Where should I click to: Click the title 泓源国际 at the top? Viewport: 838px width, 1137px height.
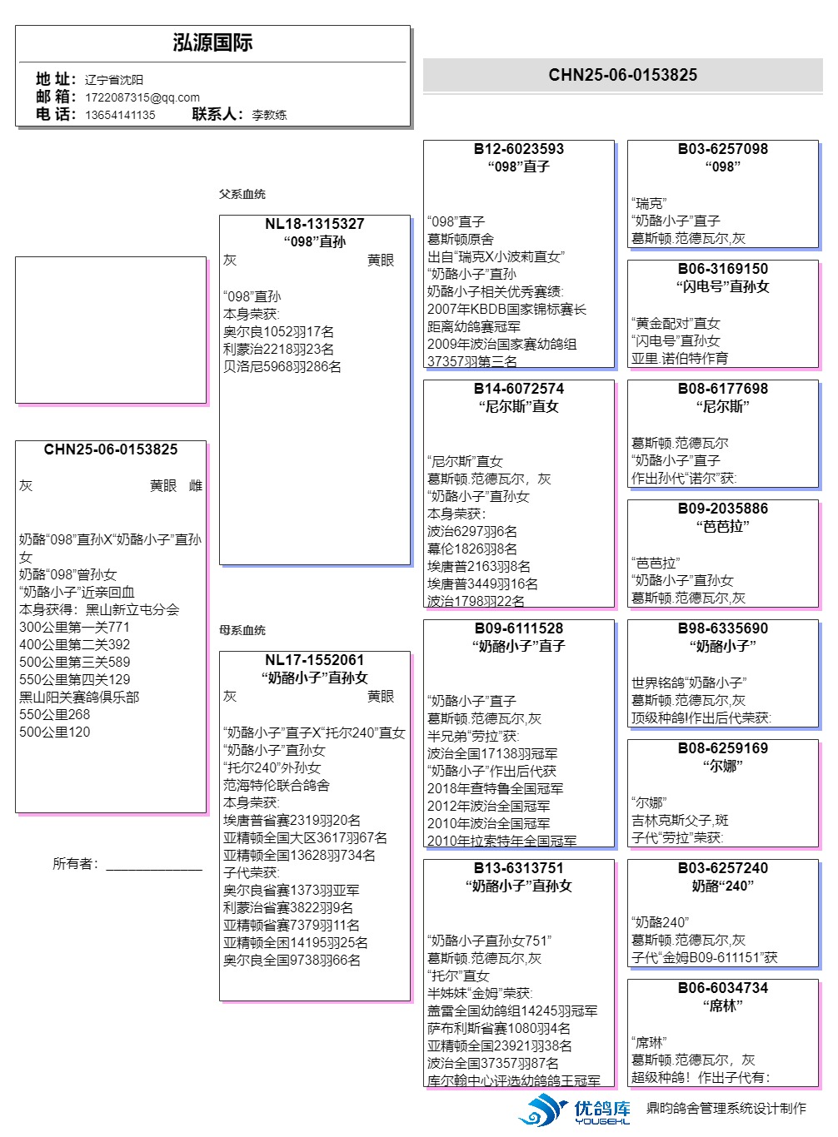coord(212,43)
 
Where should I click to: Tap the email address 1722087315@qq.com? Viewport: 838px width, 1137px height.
coord(142,97)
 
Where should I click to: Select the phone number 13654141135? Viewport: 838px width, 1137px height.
coord(120,115)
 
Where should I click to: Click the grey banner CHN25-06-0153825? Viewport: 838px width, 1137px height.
coord(622,75)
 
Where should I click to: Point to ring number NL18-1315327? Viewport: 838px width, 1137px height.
coord(314,224)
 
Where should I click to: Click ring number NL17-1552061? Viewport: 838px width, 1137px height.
coord(314,660)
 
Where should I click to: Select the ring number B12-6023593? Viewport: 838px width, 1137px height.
coord(518,149)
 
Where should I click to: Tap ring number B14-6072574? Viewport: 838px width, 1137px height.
coord(518,389)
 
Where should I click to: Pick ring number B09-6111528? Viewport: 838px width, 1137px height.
coord(518,628)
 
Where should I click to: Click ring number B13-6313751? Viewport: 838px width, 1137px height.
coord(518,868)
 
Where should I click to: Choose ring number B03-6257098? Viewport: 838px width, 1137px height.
coord(722,149)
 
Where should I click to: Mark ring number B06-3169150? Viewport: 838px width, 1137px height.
coord(722,269)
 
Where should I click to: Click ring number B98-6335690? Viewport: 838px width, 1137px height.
coord(722,628)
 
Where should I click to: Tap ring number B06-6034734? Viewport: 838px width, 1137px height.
coord(722,988)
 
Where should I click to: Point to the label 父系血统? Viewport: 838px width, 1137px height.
coord(242,194)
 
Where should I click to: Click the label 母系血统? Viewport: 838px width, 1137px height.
coord(242,630)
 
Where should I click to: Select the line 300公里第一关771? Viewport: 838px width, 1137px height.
coord(74,627)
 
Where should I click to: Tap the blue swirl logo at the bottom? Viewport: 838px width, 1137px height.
coord(542,1110)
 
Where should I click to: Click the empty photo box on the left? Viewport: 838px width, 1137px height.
coord(110,330)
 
